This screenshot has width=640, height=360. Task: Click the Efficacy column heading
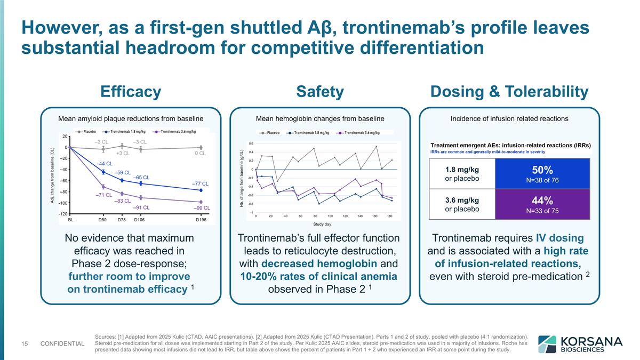tap(131, 92)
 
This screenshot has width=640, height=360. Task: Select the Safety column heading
tap(320, 92)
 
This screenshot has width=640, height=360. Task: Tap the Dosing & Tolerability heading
tap(509, 92)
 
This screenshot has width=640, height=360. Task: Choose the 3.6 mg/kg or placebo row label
tap(462, 204)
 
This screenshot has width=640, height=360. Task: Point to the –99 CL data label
tap(202, 208)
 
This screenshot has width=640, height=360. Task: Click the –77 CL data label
tap(200, 183)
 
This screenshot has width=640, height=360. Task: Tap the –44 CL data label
tap(104, 164)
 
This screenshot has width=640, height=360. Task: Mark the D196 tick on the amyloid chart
tap(201, 219)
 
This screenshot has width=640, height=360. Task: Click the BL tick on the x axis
tap(70, 219)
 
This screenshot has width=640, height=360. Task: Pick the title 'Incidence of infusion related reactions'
tap(509, 118)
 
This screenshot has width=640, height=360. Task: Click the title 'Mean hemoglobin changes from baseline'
tap(320, 118)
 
